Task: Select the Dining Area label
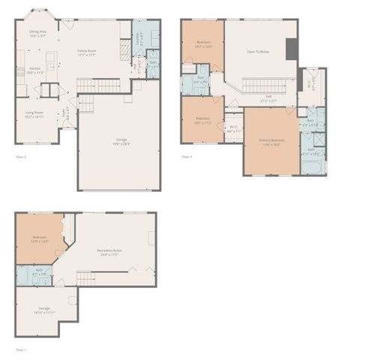click(37, 32)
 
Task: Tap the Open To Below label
click(258, 51)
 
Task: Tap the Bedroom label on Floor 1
click(39, 238)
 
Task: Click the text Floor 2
click(21, 157)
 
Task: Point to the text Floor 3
click(187, 157)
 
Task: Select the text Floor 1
click(21, 349)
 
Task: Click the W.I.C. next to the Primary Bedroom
click(234, 128)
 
